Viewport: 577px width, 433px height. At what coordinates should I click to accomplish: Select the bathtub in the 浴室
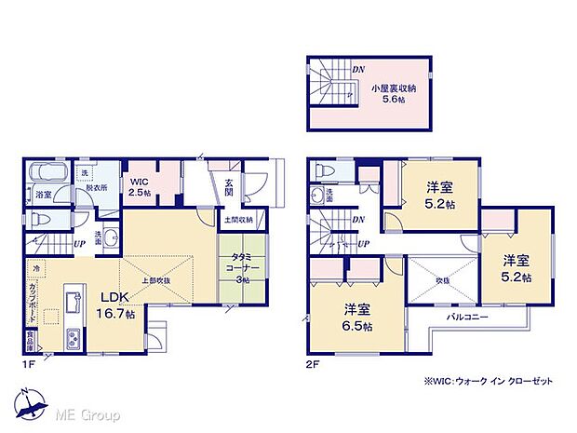[x=45, y=174]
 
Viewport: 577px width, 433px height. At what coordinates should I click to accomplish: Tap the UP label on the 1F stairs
[x=81, y=244]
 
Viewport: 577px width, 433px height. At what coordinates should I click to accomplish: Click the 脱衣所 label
[x=96, y=186]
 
